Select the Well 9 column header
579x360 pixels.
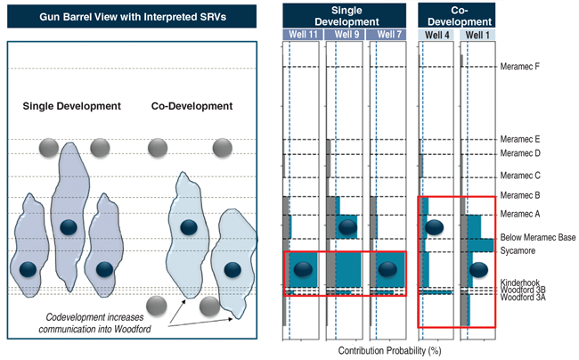pyautogui.click(x=344, y=34)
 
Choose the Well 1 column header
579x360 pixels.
pyautogui.click(x=476, y=34)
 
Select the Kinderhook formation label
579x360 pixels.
pyautogui.click(x=522, y=282)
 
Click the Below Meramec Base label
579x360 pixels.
pyautogui.click(x=537, y=238)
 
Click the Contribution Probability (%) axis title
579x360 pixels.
pyautogui.click(x=384, y=351)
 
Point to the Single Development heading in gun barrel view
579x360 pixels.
pyautogui.click(x=71, y=106)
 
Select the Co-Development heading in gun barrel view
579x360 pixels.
pyautogui.click(x=192, y=106)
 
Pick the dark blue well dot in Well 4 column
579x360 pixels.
pyautogui.click(x=434, y=227)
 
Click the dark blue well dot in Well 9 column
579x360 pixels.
pyautogui.click(x=347, y=227)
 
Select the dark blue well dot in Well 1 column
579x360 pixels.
pyautogui.click(x=478, y=269)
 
